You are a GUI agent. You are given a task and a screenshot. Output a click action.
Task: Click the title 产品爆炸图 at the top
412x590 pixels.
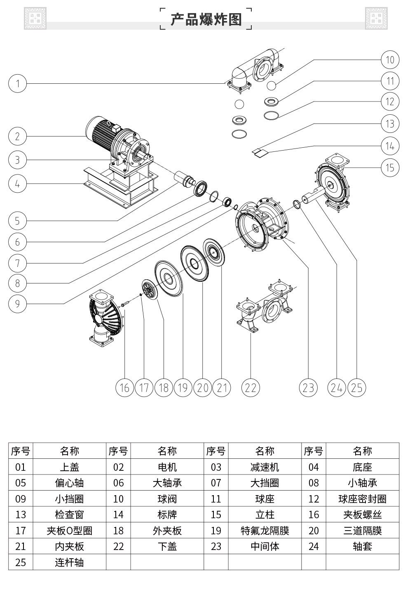pyautogui.click(x=206, y=19)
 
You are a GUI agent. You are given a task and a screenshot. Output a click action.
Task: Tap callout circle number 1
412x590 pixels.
pyautogui.click(x=17, y=84)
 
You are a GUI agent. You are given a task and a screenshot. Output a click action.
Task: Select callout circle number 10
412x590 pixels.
pyautogui.click(x=390, y=60)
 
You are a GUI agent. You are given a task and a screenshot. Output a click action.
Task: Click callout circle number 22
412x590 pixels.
pyautogui.click(x=250, y=388)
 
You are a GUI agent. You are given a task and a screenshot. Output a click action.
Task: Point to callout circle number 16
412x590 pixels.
pyautogui.click(x=125, y=388)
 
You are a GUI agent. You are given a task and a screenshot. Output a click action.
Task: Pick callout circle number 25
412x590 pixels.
pyautogui.click(x=357, y=388)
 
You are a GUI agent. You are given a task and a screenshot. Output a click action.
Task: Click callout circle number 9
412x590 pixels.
pyautogui.click(x=17, y=304)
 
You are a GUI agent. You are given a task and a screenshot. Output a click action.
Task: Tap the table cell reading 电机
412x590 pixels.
pyautogui.click(x=167, y=467)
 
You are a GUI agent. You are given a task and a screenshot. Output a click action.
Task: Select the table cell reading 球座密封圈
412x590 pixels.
pyautogui.click(x=363, y=499)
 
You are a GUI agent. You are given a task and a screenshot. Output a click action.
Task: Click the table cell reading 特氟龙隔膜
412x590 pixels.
pyautogui.click(x=265, y=531)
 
